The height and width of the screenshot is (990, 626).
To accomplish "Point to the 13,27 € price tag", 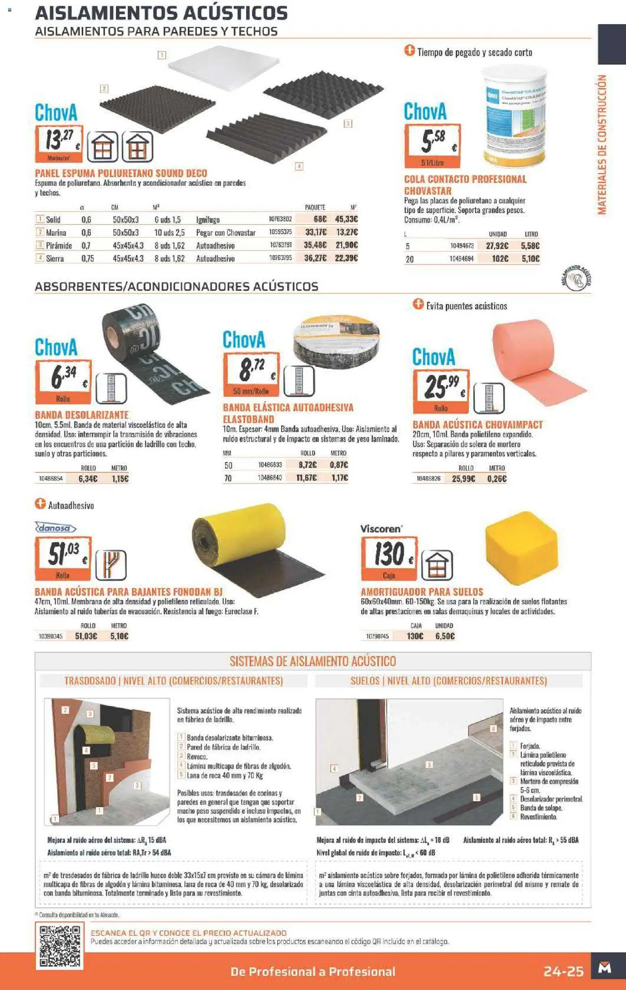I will coord(59,143).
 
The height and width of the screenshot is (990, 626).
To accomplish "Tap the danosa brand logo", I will coord(55,528).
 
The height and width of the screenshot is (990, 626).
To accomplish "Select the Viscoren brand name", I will coord(380,529).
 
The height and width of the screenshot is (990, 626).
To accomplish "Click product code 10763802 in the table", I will coord(280,220).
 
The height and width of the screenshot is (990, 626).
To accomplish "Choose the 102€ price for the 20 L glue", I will coord(500,259).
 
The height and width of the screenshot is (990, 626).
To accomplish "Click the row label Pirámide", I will coord(59,246).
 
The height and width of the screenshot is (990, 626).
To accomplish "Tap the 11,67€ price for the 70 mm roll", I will coord(307,478).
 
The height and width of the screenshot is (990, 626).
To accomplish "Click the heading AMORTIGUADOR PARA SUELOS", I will coord(422,592).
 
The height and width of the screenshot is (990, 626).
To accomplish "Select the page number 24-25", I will coord(563,971).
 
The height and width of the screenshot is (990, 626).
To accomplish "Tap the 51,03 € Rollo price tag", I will coord(63,558).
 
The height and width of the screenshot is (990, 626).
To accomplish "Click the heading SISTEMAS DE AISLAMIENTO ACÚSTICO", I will coord(312,661).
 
